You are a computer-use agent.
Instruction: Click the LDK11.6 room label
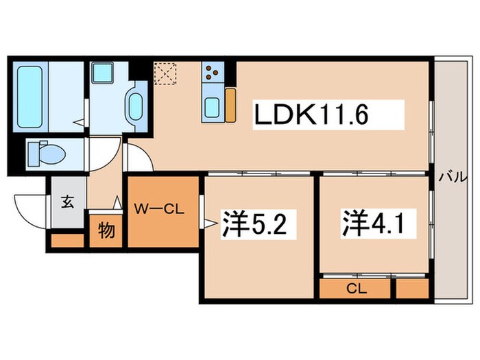(x=313, y=115)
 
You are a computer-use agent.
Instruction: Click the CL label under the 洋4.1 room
(x=356, y=289)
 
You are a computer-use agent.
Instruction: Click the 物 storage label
(x=106, y=231)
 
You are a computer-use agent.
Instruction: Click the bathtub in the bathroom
(x=30, y=97)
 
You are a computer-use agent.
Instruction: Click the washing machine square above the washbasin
(x=105, y=71)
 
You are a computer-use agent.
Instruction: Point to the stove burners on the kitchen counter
(x=212, y=71)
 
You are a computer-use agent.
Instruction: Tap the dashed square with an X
(x=165, y=73)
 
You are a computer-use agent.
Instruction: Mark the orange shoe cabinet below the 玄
(x=67, y=241)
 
